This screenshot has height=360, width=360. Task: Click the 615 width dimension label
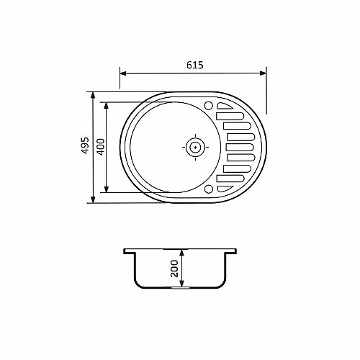[x=195, y=65]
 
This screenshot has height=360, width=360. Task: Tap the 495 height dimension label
[x=85, y=145]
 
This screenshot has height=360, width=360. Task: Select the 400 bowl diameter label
[x=101, y=147]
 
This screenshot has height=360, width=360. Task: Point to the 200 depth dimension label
[x=174, y=269]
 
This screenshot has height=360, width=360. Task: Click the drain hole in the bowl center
[x=195, y=147]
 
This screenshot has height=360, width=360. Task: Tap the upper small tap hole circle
[x=209, y=105]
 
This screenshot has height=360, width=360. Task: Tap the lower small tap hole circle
[x=209, y=189]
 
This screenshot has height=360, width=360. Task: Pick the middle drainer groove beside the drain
[x=240, y=147]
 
